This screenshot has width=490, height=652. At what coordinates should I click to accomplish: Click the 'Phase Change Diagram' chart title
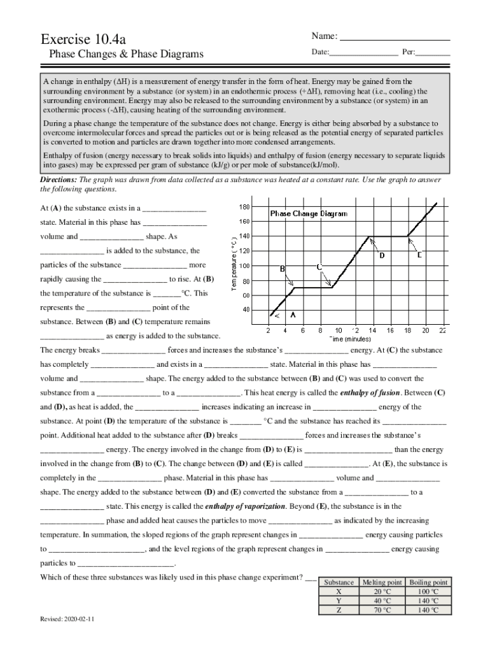click(309, 214)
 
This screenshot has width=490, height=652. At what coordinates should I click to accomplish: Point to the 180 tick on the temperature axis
click(244, 207)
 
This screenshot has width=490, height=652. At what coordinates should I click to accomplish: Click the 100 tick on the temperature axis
click(244, 266)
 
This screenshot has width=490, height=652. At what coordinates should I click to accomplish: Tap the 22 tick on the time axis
click(442, 330)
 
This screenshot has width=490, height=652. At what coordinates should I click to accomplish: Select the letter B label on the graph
click(282, 269)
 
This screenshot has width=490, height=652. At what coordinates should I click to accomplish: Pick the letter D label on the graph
click(382, 256)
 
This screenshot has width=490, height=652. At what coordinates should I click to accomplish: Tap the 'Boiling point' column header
click(428, 582)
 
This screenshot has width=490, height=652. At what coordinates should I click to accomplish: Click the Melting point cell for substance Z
click(382, 609)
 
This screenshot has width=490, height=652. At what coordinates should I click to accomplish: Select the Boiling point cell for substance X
click(428, 592)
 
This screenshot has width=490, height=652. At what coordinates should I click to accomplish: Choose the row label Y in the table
click(339, 600)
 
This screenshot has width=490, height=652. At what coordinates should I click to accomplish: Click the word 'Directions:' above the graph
click(59, 180)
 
